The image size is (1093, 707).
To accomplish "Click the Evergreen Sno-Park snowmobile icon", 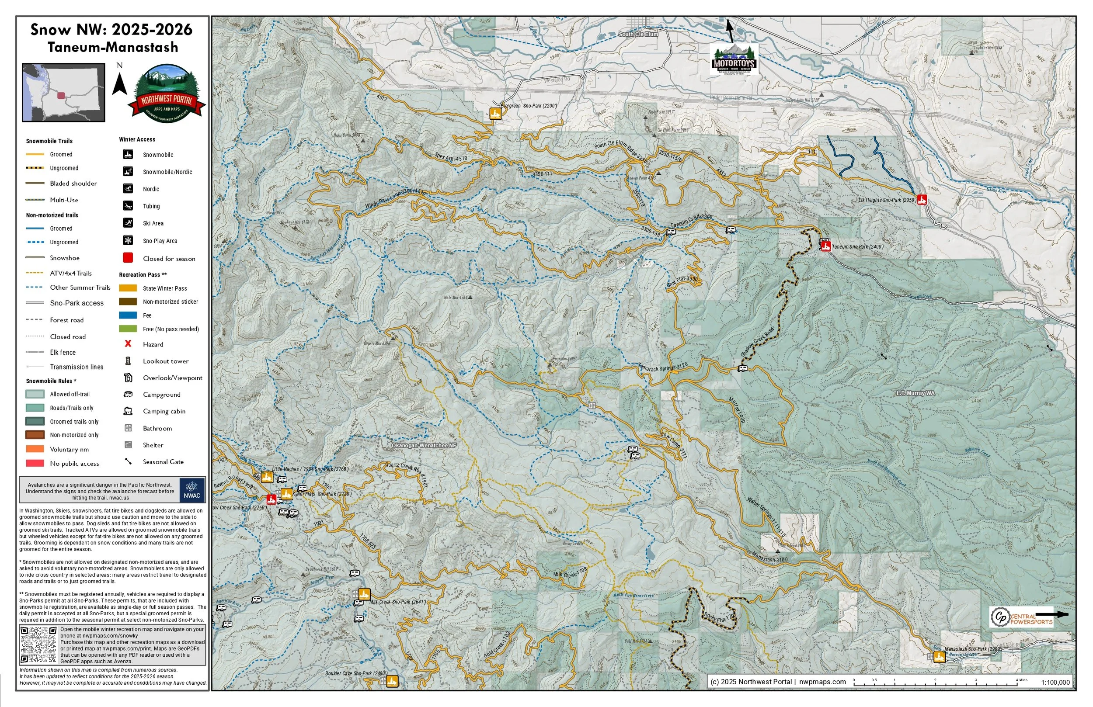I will pos(495,114).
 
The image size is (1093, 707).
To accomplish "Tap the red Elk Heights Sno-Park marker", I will pos(921,199).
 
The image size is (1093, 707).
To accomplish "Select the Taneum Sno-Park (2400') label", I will pos(857,247).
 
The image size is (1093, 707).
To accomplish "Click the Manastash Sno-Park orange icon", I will pos(939,657).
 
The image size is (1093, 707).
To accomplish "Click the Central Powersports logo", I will pos(1021,617).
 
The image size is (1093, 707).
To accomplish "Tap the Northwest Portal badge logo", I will pos(166,94).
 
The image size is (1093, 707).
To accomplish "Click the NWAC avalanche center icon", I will pos(191,490).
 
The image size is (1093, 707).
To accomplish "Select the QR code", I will pos(39,645).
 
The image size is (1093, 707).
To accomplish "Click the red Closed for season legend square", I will pos(128,258).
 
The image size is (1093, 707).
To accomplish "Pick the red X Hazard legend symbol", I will pos(128,344).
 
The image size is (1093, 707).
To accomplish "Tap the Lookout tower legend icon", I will pos(128,361).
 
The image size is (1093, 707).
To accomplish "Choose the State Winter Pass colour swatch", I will pos(128,288).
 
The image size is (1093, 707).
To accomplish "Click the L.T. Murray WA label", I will pos(915,393).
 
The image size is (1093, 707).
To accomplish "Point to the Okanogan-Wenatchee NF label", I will pos(423,445).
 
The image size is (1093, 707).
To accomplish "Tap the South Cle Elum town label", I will pos(638,35).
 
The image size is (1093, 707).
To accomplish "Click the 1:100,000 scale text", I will pos(1055,682).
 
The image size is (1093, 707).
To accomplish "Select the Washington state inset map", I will pos(63,93).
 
